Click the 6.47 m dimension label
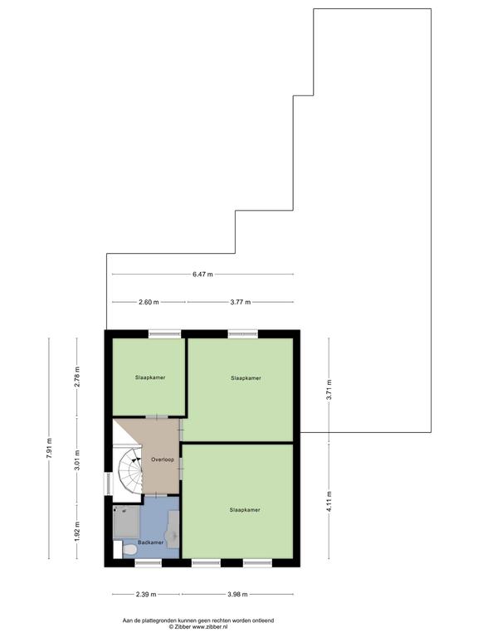click(202, 275)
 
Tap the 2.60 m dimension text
click(149, 302)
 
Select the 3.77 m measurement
click(240, 302)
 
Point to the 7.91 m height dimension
click(49, 449)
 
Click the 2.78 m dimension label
click(77, 377)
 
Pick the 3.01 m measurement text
click(77, 460)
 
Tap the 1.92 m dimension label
click(77, 532)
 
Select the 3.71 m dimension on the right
click(329, 390)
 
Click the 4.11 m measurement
click(329, 502)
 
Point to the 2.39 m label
click(146, 595)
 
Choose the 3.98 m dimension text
click(237, 595)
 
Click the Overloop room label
click(163, 460)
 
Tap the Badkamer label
click(150, 542)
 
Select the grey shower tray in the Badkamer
click(126, 522)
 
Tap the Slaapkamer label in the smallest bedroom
click(150, 377)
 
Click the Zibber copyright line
click(198, 627)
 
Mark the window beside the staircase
click(108, 484)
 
